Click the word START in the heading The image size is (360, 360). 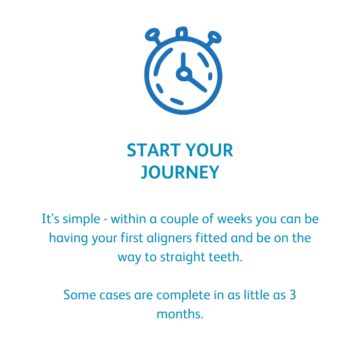pos(154,150)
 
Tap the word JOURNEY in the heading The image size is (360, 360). pos(180,172)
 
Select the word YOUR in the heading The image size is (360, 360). pos(209,150)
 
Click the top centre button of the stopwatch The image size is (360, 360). pos(182,32)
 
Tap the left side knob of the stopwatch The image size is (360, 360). pos(152,35)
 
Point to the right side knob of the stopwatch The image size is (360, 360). pos(214,37)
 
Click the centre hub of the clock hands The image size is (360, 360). pos(184,74)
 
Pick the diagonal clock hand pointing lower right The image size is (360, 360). pos(198,84)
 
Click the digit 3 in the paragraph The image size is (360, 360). pos(293,295)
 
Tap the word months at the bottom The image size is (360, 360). pos(180,314)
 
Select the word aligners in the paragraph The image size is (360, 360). pos(169,238)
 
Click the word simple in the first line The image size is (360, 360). pos(81,219)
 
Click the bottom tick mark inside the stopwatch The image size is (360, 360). pos(177,101)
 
